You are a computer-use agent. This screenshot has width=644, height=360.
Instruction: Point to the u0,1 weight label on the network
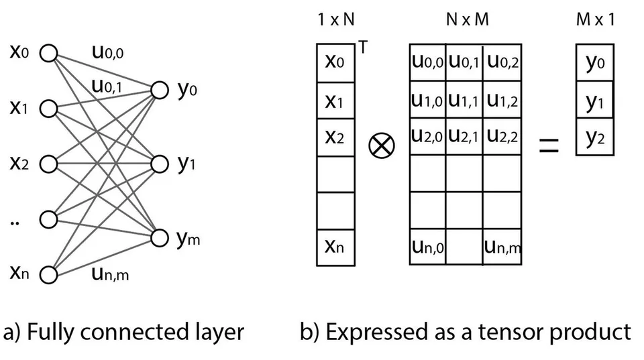(x=107, y=86)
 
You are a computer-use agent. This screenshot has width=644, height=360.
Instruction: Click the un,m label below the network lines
(x=110, y=274)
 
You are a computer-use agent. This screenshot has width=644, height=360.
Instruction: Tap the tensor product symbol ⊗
(x=382, y=146)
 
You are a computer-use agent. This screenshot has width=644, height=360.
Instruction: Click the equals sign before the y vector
(x=549, y=145)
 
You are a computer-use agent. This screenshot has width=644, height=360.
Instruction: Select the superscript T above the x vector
(x=363, y=48)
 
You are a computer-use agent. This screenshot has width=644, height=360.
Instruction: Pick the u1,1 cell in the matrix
(x=464, y=100)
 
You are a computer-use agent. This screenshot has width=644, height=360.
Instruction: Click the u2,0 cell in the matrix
(x=427, y=137)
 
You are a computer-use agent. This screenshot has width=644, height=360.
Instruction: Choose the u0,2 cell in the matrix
(x=502, y=62)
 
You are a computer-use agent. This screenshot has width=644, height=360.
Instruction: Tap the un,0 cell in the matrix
(x=427, y=247)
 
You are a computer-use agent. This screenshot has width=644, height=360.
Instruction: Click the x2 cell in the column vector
(x=335, y=137)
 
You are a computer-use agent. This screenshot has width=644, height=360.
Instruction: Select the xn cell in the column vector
(x=335, y=247)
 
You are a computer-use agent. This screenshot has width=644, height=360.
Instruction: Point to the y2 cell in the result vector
(x=595, y=137)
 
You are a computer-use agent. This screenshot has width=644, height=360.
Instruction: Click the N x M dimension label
(x=468, y=19)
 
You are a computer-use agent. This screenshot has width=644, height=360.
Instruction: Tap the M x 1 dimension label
(x=595, y=19)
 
